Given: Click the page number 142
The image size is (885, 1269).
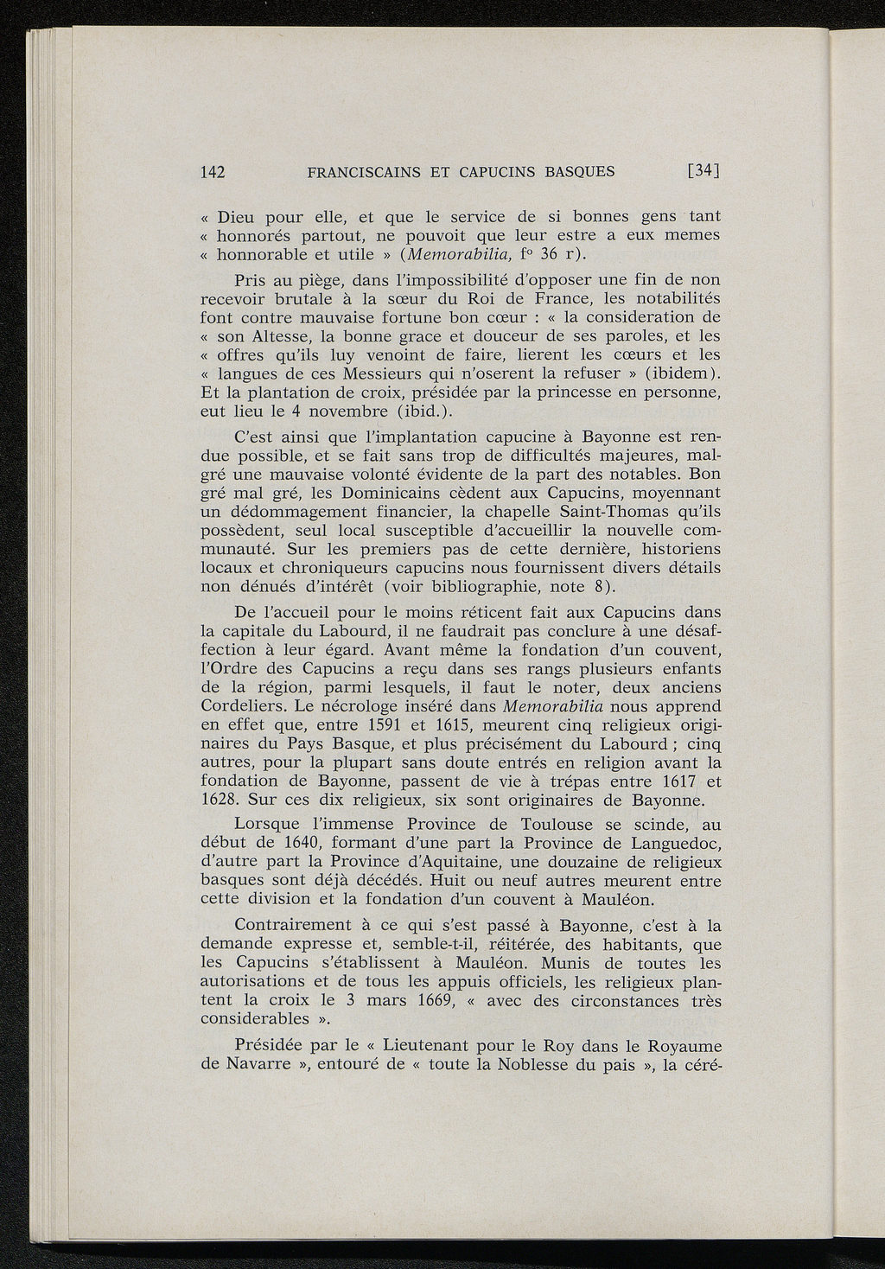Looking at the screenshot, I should click(x=213, y=171).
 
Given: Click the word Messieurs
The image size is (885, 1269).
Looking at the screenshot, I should click(x=387, y=373).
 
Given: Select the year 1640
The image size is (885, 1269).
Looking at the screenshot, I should click(x=303, y=843).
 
